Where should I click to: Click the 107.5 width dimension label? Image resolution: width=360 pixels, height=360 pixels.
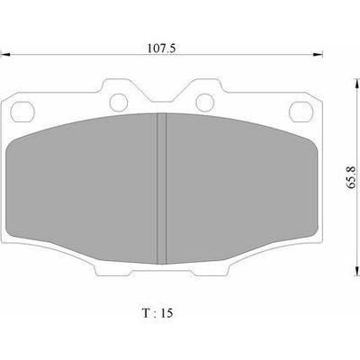tap(161, 48)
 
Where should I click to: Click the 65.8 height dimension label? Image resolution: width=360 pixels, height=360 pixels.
tap(351, 177)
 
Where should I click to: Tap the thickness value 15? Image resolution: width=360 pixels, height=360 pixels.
tap(166, 313)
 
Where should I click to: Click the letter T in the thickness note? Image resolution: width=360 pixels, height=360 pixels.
tap(146, 313)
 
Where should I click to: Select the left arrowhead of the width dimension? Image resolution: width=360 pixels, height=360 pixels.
tap(5, 55)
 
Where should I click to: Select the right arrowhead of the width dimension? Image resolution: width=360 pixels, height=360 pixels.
tap(318, 55)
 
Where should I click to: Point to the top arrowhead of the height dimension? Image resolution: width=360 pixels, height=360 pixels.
tap(356, 84)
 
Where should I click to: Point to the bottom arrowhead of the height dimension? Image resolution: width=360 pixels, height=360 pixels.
tap(356, 271)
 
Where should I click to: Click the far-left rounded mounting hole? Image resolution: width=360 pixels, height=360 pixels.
tap(22, 112)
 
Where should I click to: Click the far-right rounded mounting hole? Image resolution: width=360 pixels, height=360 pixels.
tap(301, 112)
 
